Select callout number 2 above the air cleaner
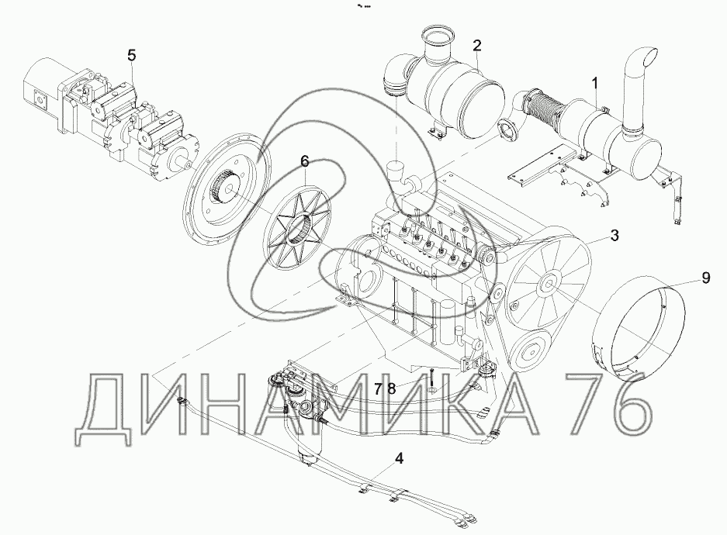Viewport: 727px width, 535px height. [x=477, y=46]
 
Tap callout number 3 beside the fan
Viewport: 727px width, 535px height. [x=614, y=235]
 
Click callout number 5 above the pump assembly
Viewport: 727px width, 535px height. [x=132, y=56]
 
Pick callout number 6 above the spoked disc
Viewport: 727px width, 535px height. [x=304, y=161]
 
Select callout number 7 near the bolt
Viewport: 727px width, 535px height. [x=379, y=388]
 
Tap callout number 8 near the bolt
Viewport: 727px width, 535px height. [x=391, y=388]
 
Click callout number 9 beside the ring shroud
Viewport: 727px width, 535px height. [x=706, y=278]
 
